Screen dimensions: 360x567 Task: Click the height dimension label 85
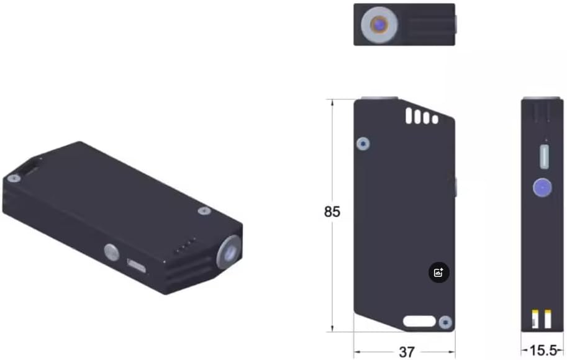(x=332, y=212)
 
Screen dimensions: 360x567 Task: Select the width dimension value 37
(x=406, y=352)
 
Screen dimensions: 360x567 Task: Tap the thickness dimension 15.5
(x=542, y=351)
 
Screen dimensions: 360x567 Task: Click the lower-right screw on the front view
(x=445, y=322)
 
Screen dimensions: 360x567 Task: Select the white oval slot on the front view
(x=419, y=321)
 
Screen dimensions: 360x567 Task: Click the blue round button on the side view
(x=543, y=187)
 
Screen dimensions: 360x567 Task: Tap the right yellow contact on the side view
(x=547, y=319)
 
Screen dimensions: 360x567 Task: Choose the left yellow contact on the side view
(x=535, y=319)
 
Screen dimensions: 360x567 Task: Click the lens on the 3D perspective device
(x=228, y=251)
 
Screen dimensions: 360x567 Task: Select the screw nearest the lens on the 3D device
(x=204, y=211)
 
